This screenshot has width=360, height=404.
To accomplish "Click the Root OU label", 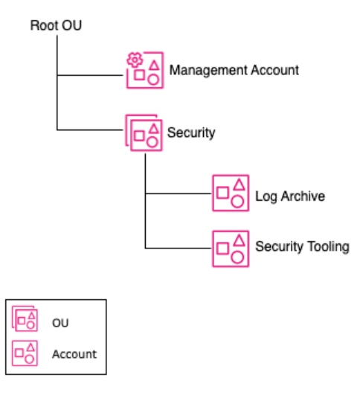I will pyautogui.click(x=56, y=25).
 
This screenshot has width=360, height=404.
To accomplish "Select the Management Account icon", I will pyautogui.click(x=144, y=70).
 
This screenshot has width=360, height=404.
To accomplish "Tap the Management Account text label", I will pyautogui.click(x=234, y=70).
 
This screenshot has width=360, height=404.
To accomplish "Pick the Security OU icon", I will pyautogui.click(x=144, y=132).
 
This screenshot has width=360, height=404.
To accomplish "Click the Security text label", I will pyautogui.click(x=191, y=132).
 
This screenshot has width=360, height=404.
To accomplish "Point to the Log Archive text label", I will pyautogui.click(x=289, y=196).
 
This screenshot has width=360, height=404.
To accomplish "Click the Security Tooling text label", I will pyautogui.click(x=302, y=246).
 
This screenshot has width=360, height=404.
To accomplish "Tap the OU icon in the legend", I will pyautogui.click(x=25, y=320).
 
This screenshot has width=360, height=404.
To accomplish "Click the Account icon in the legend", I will pyautogui.click(x=25, y=353).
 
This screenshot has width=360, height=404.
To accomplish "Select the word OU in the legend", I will pyautogui.click(x=60, y=322).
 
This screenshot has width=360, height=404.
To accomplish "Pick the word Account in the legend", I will pyautogui.click(x=74, y=354).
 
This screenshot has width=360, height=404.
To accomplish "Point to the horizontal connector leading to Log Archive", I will pyautogui.click(x=179, y=193).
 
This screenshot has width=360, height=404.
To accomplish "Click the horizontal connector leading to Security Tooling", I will pyautogui.click(x=179, y=248).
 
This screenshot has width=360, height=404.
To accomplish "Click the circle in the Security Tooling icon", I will pyautogui.click(x=238, y=257).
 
